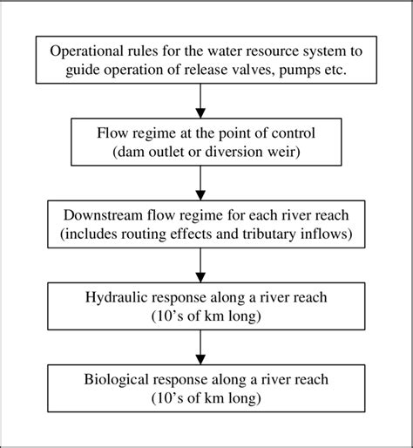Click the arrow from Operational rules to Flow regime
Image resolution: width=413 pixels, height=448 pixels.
[201, 99]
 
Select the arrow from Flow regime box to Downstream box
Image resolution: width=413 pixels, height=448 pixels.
[201, 183]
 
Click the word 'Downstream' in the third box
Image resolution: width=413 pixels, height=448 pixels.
[104, 214]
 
